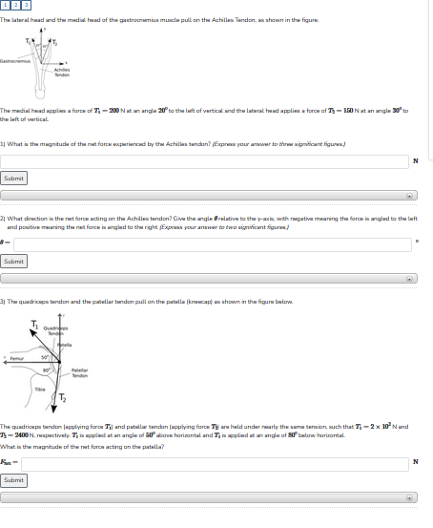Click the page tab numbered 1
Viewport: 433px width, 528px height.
(5, 6)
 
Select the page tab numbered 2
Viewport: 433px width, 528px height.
(14, 6)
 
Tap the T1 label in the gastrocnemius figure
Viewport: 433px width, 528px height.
(29, 40)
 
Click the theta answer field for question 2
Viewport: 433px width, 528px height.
(211, 243)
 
